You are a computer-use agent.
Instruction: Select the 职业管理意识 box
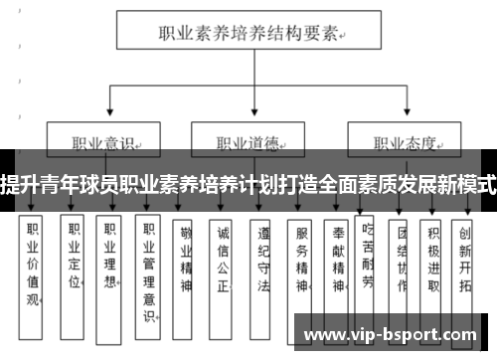click(x=148, y=269)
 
